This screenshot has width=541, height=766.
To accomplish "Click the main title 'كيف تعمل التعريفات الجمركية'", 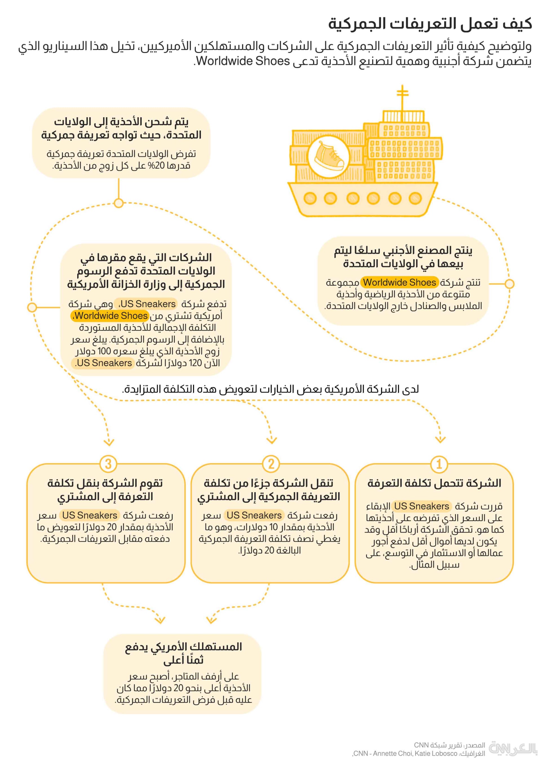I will (430, 24).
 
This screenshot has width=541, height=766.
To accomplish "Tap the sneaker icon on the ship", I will (328, 156).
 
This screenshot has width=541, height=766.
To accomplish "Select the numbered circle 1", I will (439, 464).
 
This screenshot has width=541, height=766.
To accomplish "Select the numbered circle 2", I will (271, 464).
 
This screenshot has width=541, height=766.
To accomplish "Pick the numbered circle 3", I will (108, 464).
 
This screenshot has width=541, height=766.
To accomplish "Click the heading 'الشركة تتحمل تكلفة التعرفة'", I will (434, 483).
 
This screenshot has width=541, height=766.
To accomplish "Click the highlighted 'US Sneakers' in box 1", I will (422, 506).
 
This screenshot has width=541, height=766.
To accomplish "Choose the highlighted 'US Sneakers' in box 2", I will (254, 515).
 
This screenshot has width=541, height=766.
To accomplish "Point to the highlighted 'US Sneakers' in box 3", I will (90, 515).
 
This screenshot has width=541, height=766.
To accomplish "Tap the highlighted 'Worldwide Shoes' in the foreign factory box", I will (399, 282).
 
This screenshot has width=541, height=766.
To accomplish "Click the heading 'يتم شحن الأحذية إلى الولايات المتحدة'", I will (121, 129).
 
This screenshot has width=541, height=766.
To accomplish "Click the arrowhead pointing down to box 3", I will (109, 443).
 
